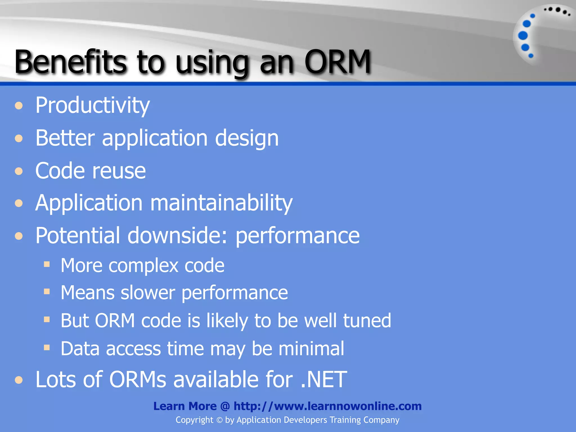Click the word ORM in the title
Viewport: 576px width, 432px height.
[337, 62]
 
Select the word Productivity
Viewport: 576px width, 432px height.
[93, 105]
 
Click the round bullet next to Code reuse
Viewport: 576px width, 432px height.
[19, 171]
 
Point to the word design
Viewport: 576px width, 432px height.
[247, 138]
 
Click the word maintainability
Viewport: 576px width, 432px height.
[221, 203]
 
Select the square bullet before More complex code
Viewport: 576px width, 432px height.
[47, 264]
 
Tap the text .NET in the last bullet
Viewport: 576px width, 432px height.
[323, 380]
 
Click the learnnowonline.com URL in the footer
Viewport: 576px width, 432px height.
[328, 406]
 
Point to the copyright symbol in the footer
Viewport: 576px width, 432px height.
[219, 420]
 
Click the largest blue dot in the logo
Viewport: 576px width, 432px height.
[523, 36]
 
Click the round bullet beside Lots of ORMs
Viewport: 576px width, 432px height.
[19, 380]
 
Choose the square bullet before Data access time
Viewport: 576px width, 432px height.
[47, 348]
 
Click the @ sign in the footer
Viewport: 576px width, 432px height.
[225, 406]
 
